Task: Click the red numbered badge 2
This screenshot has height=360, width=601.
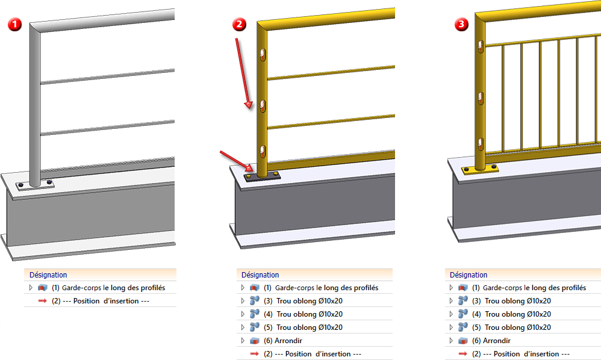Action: [240, 25]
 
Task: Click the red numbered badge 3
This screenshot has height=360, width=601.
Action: [461, 25]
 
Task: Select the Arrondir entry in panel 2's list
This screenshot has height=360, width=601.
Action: [283, 341]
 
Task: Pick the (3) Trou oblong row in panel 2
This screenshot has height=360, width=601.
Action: [304, 301]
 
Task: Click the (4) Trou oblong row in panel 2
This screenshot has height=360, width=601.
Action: [304, 314]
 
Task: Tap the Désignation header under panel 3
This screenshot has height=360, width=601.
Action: [469, 275]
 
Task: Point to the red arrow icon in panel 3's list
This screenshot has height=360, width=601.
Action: [463, 354]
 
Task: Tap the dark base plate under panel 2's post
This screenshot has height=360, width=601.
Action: [264, 176]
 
